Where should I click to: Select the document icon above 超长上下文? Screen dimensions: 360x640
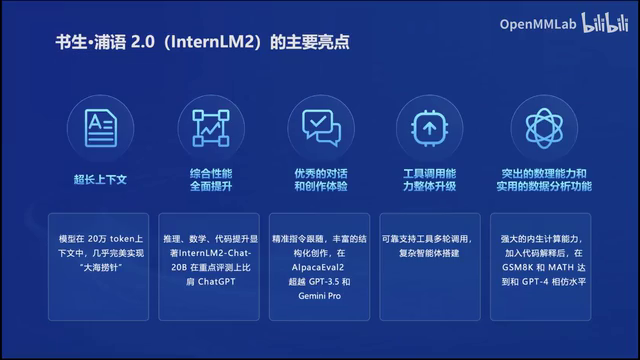[x=100, y=128]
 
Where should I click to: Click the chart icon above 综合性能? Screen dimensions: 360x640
[x=211, y=128]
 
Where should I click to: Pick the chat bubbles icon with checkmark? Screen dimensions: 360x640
[x=321, y=128]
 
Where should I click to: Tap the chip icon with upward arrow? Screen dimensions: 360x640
[x=429, y=128]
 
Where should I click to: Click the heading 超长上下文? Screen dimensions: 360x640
[x=100, y=179]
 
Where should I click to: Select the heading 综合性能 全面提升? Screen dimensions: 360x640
[x=211, y=179]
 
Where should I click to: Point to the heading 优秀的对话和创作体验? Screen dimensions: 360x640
[x=321, y=179]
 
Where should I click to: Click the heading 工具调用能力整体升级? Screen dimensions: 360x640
[x=429, y=179]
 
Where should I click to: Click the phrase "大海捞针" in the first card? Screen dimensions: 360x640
[x=98, y=271]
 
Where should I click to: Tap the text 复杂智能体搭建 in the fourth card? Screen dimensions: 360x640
[x=430, y=256]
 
